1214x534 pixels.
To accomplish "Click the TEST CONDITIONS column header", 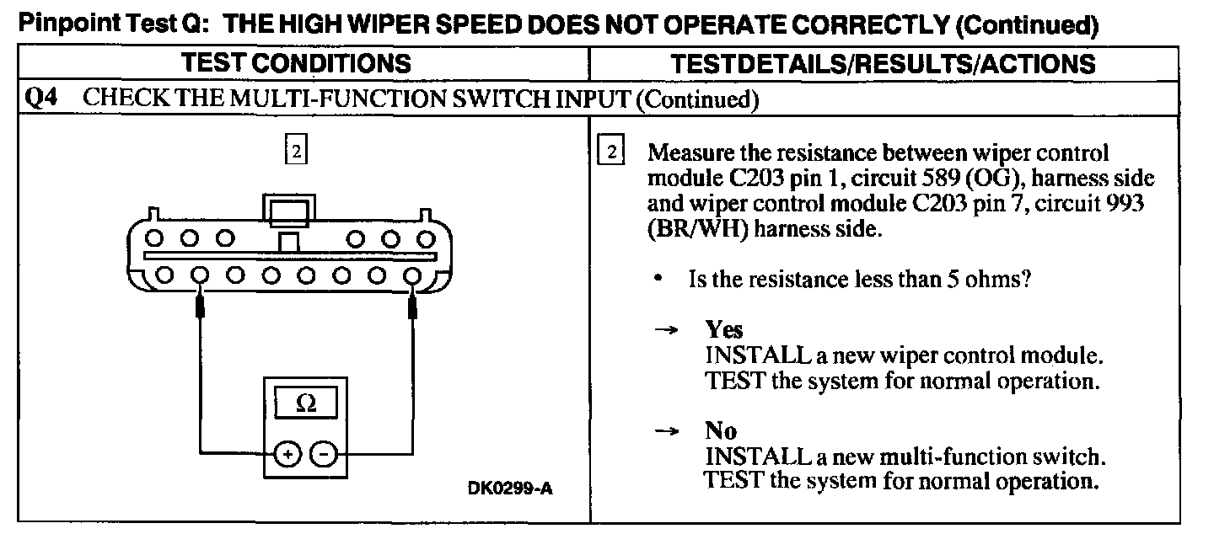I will point(298,63).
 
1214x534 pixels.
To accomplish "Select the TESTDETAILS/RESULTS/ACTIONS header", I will point(883,63).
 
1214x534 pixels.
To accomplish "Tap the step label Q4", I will point(40,99).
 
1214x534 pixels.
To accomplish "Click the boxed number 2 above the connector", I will point(295,152).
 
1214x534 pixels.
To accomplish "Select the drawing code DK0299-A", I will point(510,489).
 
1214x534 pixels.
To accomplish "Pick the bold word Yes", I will point(724,328).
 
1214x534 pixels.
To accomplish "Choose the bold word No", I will point(721,431).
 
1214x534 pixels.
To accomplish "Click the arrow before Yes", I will point(668,330).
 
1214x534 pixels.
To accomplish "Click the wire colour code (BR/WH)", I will point(696,230).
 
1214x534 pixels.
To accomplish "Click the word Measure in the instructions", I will point(689,154).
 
